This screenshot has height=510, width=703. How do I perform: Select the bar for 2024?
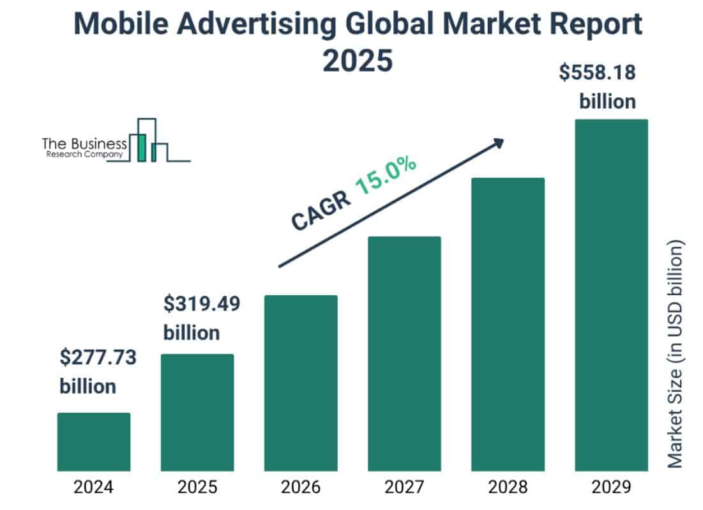(x=94, y=442)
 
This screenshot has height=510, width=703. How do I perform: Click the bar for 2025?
(x=197, y=412)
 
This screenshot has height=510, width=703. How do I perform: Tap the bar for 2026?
(x=301, y=383)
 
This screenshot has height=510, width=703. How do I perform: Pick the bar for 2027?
(x=404, y=353)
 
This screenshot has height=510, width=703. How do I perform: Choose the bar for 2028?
(x=508, y=324)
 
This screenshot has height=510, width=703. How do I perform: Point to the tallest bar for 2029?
(x=611, y=295)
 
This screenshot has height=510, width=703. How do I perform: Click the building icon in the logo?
(x=148, y=141)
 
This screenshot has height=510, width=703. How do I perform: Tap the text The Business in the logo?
(x=84, y=143)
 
